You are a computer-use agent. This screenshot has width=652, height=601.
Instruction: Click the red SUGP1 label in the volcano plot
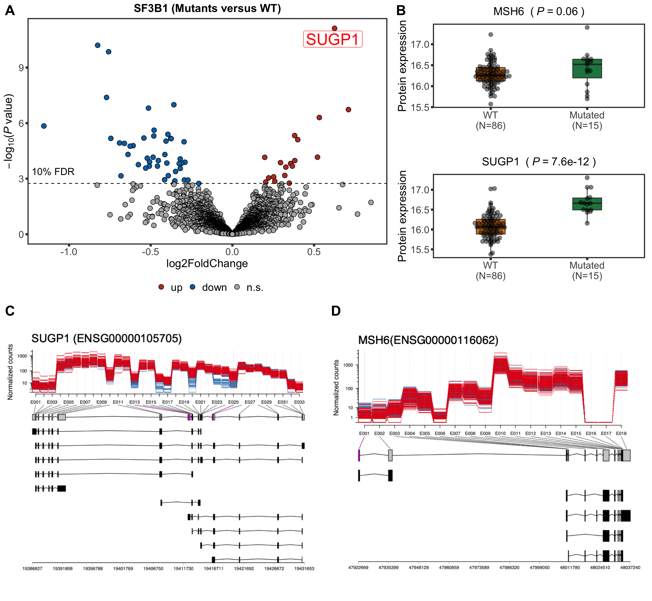coord(333,39)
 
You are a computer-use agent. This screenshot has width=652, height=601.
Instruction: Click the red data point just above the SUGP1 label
coord(334,28)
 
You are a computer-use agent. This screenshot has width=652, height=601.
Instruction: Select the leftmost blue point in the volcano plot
coord(44,126)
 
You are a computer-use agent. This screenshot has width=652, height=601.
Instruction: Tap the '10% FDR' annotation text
coord(53,172)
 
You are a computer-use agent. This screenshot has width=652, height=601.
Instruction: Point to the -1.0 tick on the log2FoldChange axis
coord(69,252)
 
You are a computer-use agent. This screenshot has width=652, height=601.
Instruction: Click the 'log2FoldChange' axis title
coord(207,263)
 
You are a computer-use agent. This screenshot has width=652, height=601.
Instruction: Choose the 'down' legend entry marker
coord(193,287)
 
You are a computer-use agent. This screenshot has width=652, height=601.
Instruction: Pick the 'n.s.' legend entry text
coord(255,287)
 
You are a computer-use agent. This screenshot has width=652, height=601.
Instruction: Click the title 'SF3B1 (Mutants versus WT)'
coord(207,8)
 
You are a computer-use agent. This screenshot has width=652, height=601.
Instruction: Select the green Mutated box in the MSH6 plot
coord(587,69)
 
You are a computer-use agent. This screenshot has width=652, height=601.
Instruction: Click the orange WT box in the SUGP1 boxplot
coord(491,227)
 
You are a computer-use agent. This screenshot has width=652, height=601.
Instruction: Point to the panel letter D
coord(336,311)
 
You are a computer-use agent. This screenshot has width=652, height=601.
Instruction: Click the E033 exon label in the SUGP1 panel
coord(299,402)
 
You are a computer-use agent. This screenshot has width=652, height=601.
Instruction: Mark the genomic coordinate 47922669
coord(358,568)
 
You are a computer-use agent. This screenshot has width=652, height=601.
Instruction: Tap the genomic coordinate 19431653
coord(304,568)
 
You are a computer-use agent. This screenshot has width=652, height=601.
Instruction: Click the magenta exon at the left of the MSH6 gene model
coord(359,455)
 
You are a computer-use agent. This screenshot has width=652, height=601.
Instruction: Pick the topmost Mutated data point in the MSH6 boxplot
coord(587,27)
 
